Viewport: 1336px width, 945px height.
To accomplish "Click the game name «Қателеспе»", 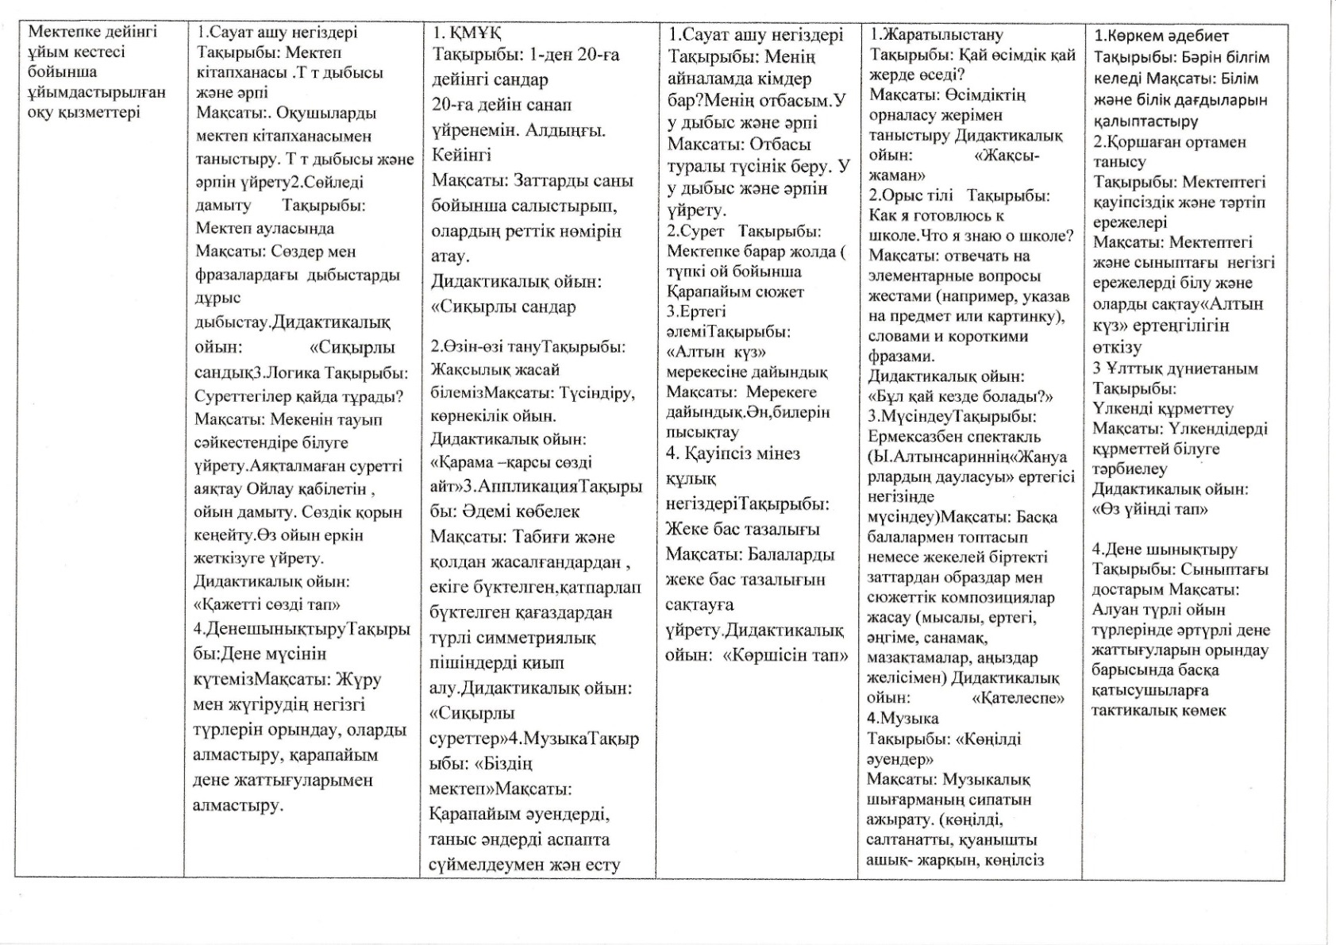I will pyautogui.click(x=1018, y=698).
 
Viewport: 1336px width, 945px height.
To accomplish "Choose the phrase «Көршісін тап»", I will pyautogui.click(x=785, y=655).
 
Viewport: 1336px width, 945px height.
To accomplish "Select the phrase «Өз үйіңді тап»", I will pyautogui.click(x=1150, y=509).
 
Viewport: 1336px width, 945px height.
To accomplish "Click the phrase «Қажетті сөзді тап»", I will pyautogui.click(x=267, y=604).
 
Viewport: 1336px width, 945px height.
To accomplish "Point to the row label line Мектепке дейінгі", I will pyautogui.click(x=93, y=32).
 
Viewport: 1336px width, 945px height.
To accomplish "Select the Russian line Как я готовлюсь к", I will pyautogui.click(x=936, y=215).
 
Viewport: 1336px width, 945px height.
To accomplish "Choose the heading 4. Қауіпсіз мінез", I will pyautogui.click(x=733, y=453).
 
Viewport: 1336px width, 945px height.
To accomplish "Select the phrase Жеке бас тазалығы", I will pyautogui.click(x=742, y=529).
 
